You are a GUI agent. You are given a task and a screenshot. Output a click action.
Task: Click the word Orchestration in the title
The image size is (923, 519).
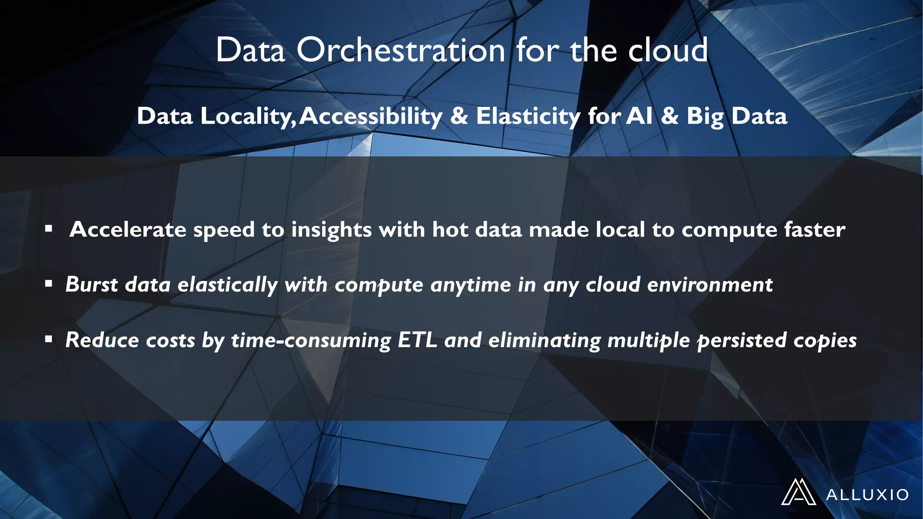click(x=401, y=50)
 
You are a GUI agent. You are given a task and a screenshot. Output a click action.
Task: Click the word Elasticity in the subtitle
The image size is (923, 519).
click(x=528, y=116)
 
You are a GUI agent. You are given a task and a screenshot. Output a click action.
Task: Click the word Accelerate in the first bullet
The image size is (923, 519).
click(x=128, y=229)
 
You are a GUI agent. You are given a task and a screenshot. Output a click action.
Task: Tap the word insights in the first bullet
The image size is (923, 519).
click(x=331, y=230)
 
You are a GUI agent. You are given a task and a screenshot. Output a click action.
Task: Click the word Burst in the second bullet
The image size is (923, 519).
click(x=91, y=284)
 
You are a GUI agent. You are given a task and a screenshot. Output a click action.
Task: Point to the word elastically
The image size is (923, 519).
click(x=228, y=285)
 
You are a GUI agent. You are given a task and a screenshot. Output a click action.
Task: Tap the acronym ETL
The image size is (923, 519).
click(x=417, y=340)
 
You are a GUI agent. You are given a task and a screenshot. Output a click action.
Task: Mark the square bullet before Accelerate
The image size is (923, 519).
click(x=49, y=229)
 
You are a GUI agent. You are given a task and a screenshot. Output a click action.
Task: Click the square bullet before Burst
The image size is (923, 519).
click(x=49, y=284)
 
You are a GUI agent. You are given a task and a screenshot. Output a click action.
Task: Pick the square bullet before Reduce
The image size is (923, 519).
click(x=49, y=339)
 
